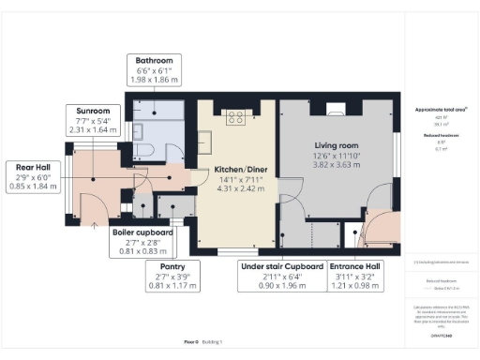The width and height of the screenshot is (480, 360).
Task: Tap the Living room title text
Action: click(337, 145)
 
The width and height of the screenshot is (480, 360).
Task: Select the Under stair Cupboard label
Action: click(282, 266)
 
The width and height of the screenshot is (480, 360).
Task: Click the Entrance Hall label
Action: click(362, 266)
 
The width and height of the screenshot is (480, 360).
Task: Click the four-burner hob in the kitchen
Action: click(234, 117)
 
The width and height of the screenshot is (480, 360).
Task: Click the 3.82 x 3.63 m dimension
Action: click(337, 165)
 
